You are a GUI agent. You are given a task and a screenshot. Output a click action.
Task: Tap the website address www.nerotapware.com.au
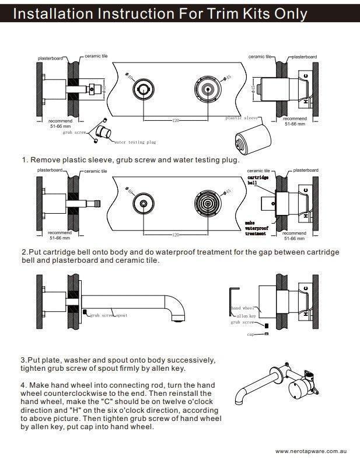click(312, 451)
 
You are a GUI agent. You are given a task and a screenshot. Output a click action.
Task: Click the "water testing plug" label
click(135, 142)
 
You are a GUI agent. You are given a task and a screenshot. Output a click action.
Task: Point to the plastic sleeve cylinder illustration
click(247, 140)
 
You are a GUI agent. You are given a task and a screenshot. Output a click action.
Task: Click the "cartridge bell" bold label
click(258, 179)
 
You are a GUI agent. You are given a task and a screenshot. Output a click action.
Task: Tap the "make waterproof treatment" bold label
click(256, 228)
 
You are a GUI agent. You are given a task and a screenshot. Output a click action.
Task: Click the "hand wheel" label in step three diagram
click(244, 308)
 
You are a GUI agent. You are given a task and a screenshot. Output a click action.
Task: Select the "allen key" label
click(246, 315)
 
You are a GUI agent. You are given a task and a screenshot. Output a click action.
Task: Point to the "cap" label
click(251, 335)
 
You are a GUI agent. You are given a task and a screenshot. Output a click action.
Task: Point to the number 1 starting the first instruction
click(25, 159)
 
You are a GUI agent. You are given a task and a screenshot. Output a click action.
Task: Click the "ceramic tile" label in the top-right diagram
click(259, 57)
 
